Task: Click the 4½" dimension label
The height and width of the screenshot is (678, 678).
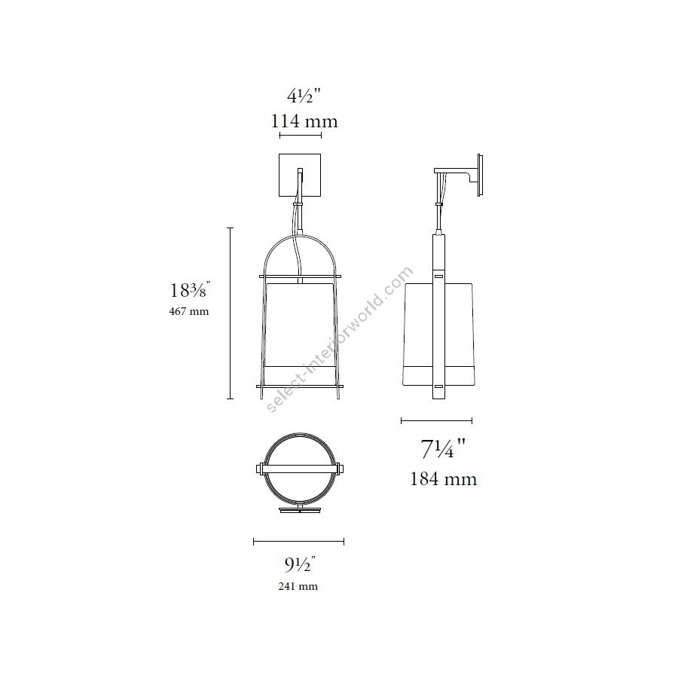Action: [304, 96]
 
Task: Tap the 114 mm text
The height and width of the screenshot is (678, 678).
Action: [304, 121]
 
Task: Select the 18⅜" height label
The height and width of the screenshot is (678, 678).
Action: [189, 289]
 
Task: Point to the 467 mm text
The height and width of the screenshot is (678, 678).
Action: [189, 311]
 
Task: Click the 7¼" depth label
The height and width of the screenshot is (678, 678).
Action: [443, 448]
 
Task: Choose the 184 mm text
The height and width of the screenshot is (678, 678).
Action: [443, 478]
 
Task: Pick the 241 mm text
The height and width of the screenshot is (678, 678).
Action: [298, 586]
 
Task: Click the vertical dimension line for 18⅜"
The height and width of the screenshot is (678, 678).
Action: [230, 313]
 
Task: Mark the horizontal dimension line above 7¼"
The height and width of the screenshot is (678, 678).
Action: [436, 420]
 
